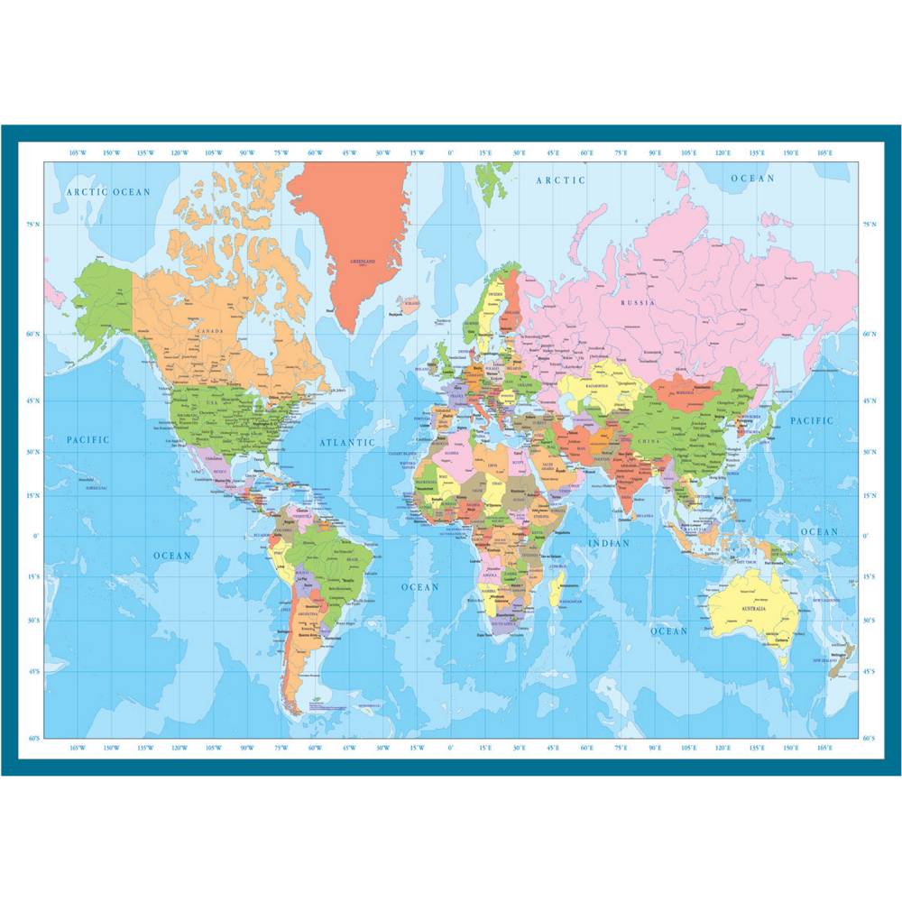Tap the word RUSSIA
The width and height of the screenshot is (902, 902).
(x=638, y=303)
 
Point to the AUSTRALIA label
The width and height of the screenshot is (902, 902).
(x=753, y=609)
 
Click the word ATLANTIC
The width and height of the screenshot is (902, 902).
(x=346, y=443)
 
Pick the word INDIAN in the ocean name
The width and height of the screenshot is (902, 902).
(x=609, y=544)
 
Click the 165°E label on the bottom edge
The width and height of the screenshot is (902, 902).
(x=824, y=747)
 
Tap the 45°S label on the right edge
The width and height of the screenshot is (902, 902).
(x=869, y=672)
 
